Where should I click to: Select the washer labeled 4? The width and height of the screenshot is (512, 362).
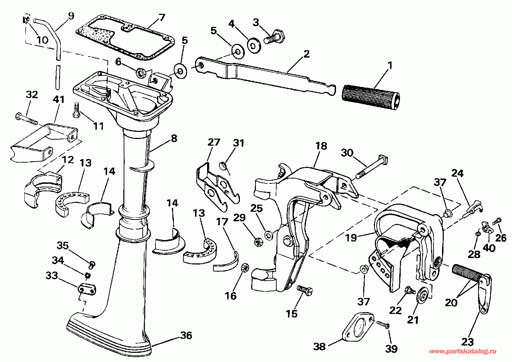click(x=254, y=45)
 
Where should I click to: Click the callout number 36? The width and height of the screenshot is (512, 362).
click(x=186, y=335)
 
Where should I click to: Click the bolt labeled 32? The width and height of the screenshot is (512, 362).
click(x=26, y=118)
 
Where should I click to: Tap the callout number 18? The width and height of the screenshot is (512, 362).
click(x=321, y=146)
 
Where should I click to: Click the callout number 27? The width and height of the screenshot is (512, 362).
click(x=214, y=142)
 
